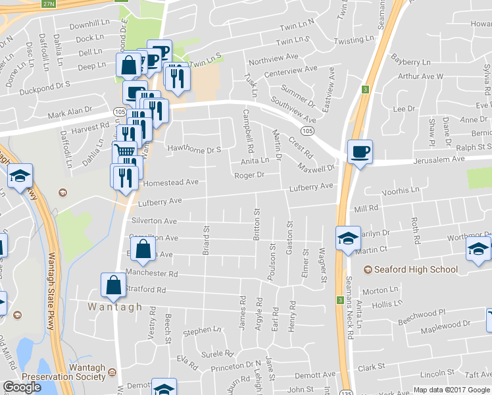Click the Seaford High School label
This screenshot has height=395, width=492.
click(416, 269)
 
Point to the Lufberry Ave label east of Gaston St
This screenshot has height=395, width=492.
click(312, 187)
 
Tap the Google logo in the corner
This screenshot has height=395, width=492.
click(22, 387)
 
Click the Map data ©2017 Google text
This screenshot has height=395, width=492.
click(452, 390)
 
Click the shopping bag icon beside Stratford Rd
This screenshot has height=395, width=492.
click(114, 285)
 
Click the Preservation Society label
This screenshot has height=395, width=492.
click(64, 377)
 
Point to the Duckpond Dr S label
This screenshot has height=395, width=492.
click(45, 85)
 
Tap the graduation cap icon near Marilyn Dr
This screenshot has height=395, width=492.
click(348, 238)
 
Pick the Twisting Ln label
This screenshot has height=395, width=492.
click(358, 41)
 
